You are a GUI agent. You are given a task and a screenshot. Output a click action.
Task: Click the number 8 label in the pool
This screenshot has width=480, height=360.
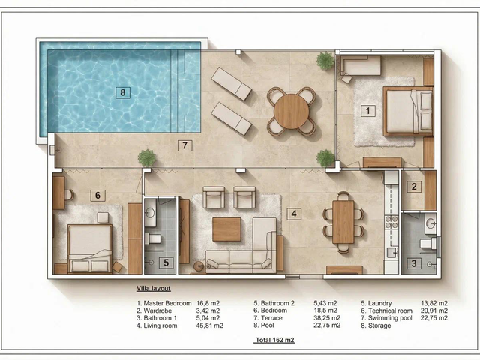coord(123,92)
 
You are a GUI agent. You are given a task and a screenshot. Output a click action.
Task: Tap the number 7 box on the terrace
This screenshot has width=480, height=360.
coord(185,145)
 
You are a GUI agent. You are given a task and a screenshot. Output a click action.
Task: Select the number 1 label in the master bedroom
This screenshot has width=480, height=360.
coord(368,110)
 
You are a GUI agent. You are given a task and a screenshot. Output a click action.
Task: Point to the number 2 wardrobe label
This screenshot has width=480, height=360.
coord(414,187)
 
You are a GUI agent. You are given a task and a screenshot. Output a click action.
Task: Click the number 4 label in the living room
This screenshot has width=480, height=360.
coord(294,214)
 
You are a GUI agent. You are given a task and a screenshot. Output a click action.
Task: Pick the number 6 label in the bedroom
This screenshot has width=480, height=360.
coord(97,195)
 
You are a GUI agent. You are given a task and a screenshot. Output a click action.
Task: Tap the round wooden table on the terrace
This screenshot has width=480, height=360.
coord(292,111)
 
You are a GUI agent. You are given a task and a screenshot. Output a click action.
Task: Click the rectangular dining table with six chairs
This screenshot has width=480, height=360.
coord(343,222)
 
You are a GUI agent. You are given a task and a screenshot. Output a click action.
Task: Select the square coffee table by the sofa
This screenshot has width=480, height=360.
coord(226,229)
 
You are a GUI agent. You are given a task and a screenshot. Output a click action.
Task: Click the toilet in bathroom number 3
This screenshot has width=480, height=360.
coord(427,243)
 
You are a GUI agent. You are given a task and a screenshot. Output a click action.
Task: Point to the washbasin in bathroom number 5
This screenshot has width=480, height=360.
coord(150,213)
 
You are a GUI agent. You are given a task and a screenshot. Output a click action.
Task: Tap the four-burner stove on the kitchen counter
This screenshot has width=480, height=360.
coord(391,222)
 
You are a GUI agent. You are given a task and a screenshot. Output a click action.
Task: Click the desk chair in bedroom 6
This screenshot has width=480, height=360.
coord(68,195)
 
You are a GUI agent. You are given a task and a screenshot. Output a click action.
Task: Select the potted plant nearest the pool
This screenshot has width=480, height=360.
coord(147,158)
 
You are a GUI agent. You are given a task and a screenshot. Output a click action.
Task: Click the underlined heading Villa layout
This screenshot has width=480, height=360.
coord(153,288)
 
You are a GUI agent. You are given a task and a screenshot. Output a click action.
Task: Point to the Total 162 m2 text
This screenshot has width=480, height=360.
coord(274,340)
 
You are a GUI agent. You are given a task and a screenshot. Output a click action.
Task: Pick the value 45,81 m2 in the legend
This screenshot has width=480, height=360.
coord(209,325)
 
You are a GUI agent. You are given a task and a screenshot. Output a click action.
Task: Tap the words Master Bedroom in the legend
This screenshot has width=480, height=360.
coord(167,303)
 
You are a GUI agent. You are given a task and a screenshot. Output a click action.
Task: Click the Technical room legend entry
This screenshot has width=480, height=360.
coord(387,310)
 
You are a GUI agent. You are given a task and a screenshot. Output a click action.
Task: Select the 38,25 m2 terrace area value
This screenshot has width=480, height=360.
coord(327,318)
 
